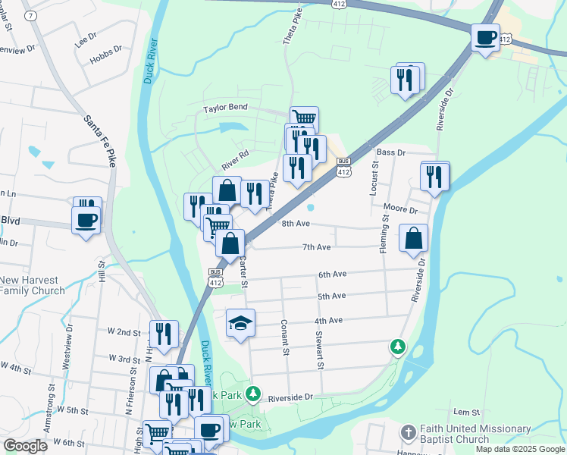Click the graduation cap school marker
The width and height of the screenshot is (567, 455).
241,324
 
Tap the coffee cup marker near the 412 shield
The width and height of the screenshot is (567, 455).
485,36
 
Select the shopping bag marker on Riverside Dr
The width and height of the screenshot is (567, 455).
413,238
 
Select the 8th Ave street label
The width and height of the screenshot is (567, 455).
296,224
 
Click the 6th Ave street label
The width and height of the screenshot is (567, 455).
332,274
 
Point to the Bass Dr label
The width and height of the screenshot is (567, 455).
391,152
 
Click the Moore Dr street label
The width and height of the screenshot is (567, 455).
401,209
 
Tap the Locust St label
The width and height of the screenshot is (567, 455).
374,178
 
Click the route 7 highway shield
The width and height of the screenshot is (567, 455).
30,16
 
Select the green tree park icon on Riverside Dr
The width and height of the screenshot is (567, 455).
397,347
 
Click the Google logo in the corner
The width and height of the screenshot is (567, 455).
25,446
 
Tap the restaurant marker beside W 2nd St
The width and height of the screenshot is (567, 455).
164,334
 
